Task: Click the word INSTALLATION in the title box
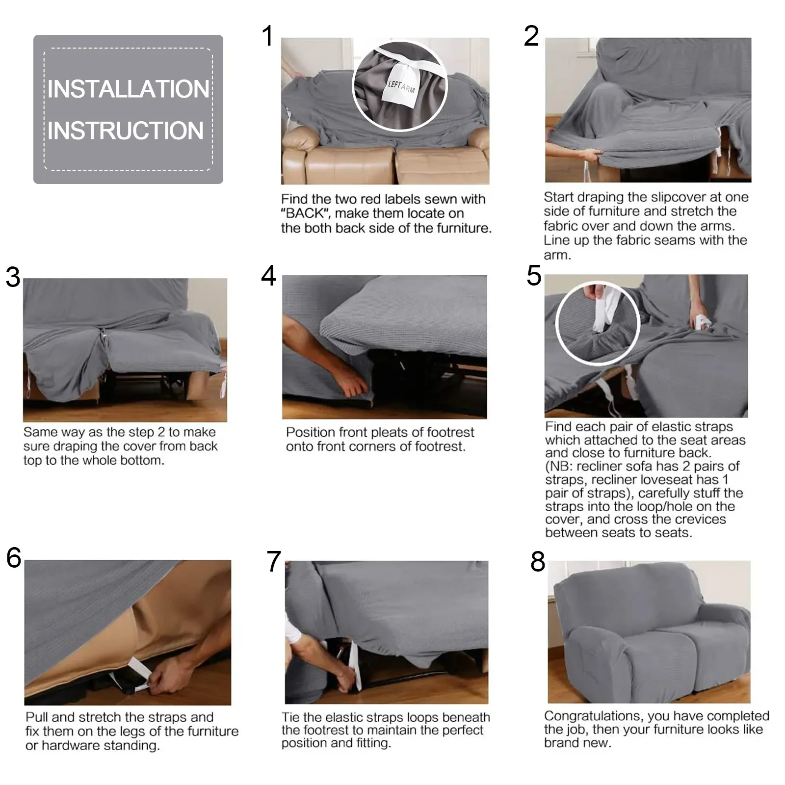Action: (x=128, y=89)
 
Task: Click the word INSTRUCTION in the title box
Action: (x=126, y=131)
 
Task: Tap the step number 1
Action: (x=267, y=36)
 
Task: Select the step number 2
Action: (x=531, y=36)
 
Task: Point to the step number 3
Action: (x=13, y=277)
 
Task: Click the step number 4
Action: (x=269, y=276)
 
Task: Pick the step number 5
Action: (x=534, y=276)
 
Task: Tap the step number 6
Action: (x=14, y=558)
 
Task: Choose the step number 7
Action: (x=274, y=562)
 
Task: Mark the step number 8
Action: (x=538, y=562)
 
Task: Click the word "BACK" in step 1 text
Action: (x=306, y=214)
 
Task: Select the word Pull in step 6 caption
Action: (x=37, y=717)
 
